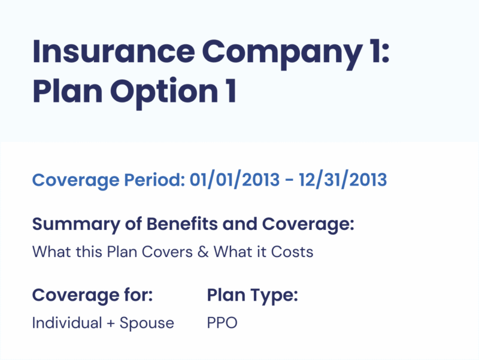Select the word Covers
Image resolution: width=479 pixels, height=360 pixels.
click(166, 252)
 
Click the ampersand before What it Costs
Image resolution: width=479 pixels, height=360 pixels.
click(203, 252)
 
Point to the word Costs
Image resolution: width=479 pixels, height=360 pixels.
click(292, 252)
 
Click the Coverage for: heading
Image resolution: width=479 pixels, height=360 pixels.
click(92, 295)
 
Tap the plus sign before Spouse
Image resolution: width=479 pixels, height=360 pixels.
click(110, 324)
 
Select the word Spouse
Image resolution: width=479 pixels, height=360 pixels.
click(147, 323)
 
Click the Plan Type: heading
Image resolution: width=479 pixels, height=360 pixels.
click(253, 295)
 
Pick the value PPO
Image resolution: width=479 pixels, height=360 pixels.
click(222, 323)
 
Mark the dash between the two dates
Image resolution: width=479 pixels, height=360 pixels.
click(288, 180)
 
